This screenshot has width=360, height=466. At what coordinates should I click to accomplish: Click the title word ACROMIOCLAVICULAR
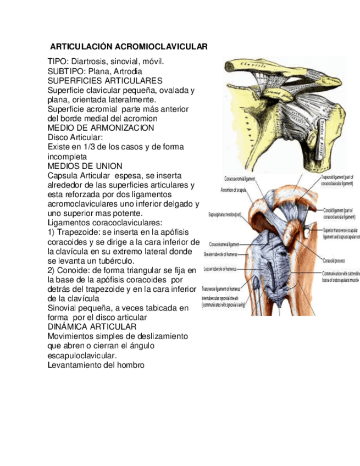coord(164,47)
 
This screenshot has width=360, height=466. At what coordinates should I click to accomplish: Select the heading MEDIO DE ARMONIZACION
coord(101,127)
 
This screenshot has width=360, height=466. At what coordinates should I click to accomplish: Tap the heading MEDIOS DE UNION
coord(85,166)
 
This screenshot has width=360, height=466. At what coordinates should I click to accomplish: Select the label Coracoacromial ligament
coord(240,179)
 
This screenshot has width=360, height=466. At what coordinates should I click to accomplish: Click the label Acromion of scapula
coord(234,190)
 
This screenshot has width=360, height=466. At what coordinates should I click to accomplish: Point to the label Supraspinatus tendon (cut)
coord(224,214)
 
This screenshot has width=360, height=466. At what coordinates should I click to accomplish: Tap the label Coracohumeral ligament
coord(224,244)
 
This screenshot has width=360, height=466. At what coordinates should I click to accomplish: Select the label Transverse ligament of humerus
coord(220,289)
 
